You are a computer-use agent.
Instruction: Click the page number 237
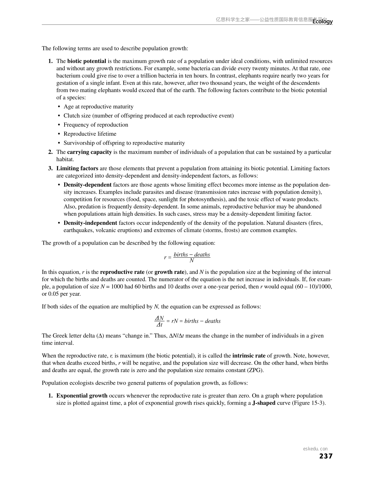tap(326, 456)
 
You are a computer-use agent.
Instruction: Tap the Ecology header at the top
tap(323, 22)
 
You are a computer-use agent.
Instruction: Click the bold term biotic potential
tap(87, 61)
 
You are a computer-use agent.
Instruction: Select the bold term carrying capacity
tap(89, 152)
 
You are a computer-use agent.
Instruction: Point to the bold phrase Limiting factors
tap(77, 168)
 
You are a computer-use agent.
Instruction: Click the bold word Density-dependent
tap(88, 185)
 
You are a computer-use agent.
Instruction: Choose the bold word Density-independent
tap(90, 223)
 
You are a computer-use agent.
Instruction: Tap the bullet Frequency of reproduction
tap(96, 125)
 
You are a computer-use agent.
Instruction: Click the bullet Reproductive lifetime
tap(90, 134)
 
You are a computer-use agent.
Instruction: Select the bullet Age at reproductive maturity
tap(99, 107)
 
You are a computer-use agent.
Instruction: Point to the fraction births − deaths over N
tap(192, 258)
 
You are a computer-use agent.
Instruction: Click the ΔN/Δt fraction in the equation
tap(159, 321)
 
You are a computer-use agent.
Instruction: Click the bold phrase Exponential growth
tap(82, 396)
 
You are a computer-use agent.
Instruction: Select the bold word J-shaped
tap(264, 403)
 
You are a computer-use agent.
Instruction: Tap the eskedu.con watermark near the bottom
tap(315, 449)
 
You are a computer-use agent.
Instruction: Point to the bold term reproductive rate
tap(122, 272)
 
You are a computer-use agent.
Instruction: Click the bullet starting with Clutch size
tap(149, 116)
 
